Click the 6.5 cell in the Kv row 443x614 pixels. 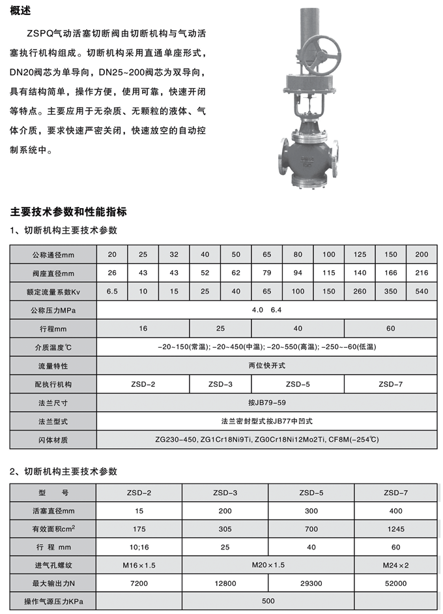point(111,291)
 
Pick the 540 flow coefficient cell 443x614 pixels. point(422,291)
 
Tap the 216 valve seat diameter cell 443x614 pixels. point(422,273)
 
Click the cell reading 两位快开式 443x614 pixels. point(266,365)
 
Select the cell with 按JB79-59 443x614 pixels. point(266,403)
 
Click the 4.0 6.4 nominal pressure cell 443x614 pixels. point(266,309)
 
